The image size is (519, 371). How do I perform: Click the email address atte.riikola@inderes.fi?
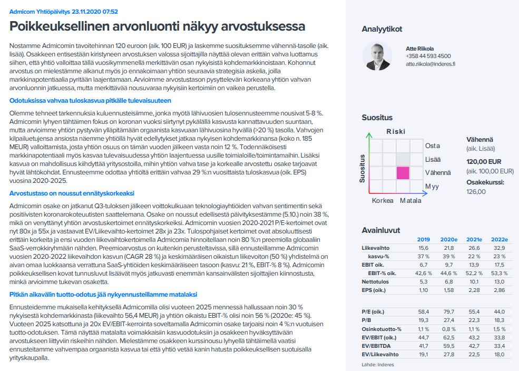pyautogui.click(x=430, y=64)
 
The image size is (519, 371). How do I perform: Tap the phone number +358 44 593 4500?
pyautogui.click(x=428, y=56)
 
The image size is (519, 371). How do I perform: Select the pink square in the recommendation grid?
pyautogui.click(x=403, y=173)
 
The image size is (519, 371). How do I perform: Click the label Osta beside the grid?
pyautogui.click(x=432, y=145)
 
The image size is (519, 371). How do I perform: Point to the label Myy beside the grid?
pyautogui.click(x=432, y=187)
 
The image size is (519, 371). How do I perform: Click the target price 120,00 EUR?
pyautogui.click(x=484, y=162)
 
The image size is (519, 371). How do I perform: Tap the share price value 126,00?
pyautogui.click(x=476, y=191)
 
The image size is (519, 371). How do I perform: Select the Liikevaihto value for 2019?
pyautogui.click(x=423, y=248)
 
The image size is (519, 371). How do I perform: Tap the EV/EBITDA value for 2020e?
pyautogui.click(x=449, y=346)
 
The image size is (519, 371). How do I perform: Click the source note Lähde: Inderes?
pyautogui.click(x=377, y=365)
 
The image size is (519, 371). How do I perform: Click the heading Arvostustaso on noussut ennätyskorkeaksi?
pyautogui.click(x=72, y=193)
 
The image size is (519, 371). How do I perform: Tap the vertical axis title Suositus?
pyautogui.click(x=363, y=168)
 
